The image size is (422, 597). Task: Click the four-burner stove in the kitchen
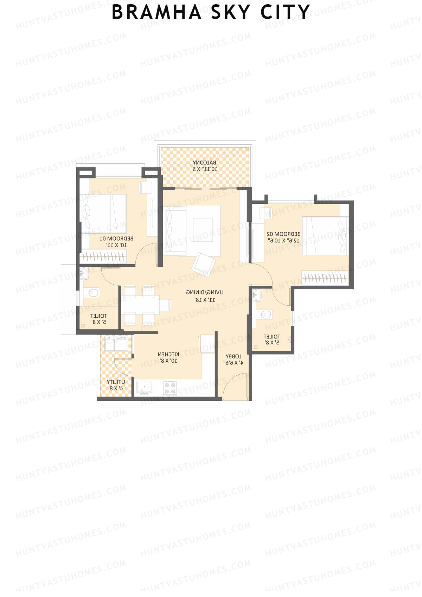[x=170, y=388]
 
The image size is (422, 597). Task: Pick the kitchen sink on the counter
[x=144, y=388]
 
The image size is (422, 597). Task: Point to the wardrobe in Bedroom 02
[x=325, y=278]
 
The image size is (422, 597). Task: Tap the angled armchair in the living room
[x=203, y=264]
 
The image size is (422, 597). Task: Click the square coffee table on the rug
[x=203, y=230]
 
